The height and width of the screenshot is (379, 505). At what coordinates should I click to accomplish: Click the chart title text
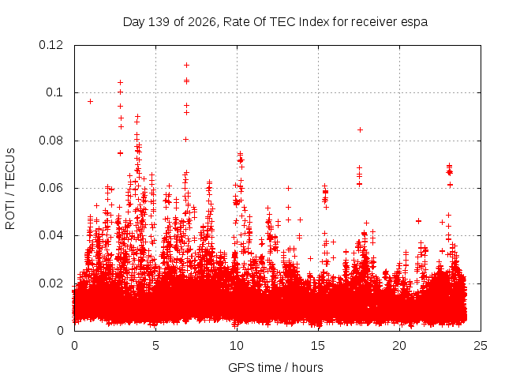click(x=275, y=22)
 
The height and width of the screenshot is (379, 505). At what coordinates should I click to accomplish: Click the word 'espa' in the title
click(x=414, y=23)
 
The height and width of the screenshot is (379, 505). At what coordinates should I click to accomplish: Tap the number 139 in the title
click(x=159, y=22)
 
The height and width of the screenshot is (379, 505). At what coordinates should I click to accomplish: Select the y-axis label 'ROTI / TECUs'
click(x=10, y=189)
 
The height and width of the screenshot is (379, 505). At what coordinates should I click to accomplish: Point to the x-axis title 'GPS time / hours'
click(x=275, y=367)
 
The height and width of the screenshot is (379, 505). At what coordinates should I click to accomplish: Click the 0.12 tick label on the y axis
click(x=50, y=45)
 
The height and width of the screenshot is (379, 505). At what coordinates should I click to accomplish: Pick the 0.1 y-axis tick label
click(x=54, y=92)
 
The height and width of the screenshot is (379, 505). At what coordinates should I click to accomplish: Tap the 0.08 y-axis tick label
click(x=50, y=141)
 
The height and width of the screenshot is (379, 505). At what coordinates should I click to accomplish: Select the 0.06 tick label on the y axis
click(x=50, y=188)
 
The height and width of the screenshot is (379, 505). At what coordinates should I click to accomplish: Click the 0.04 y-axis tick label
click(x=50, y=235)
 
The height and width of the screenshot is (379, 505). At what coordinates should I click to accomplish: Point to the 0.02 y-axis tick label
click(x=50, y=283)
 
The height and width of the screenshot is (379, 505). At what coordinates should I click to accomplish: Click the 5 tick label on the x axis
click(x=156, y=346)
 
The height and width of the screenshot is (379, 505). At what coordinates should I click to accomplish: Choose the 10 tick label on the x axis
click(x=237, y=346)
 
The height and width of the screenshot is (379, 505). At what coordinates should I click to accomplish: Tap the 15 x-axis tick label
click(x=318, y=346)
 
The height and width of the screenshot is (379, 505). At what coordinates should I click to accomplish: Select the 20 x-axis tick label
click(x=399, y=346)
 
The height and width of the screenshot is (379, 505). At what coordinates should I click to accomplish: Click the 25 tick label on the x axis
click(x=481, y=346)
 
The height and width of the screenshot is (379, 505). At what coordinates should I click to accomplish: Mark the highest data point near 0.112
click(x=186, y=65)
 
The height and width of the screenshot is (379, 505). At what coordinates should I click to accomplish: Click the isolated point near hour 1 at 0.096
click(x=91, y=102)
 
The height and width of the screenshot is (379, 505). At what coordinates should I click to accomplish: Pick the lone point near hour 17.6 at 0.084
click(x=361, y=129)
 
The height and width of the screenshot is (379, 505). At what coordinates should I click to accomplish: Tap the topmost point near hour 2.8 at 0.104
click(x=121, y=82)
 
